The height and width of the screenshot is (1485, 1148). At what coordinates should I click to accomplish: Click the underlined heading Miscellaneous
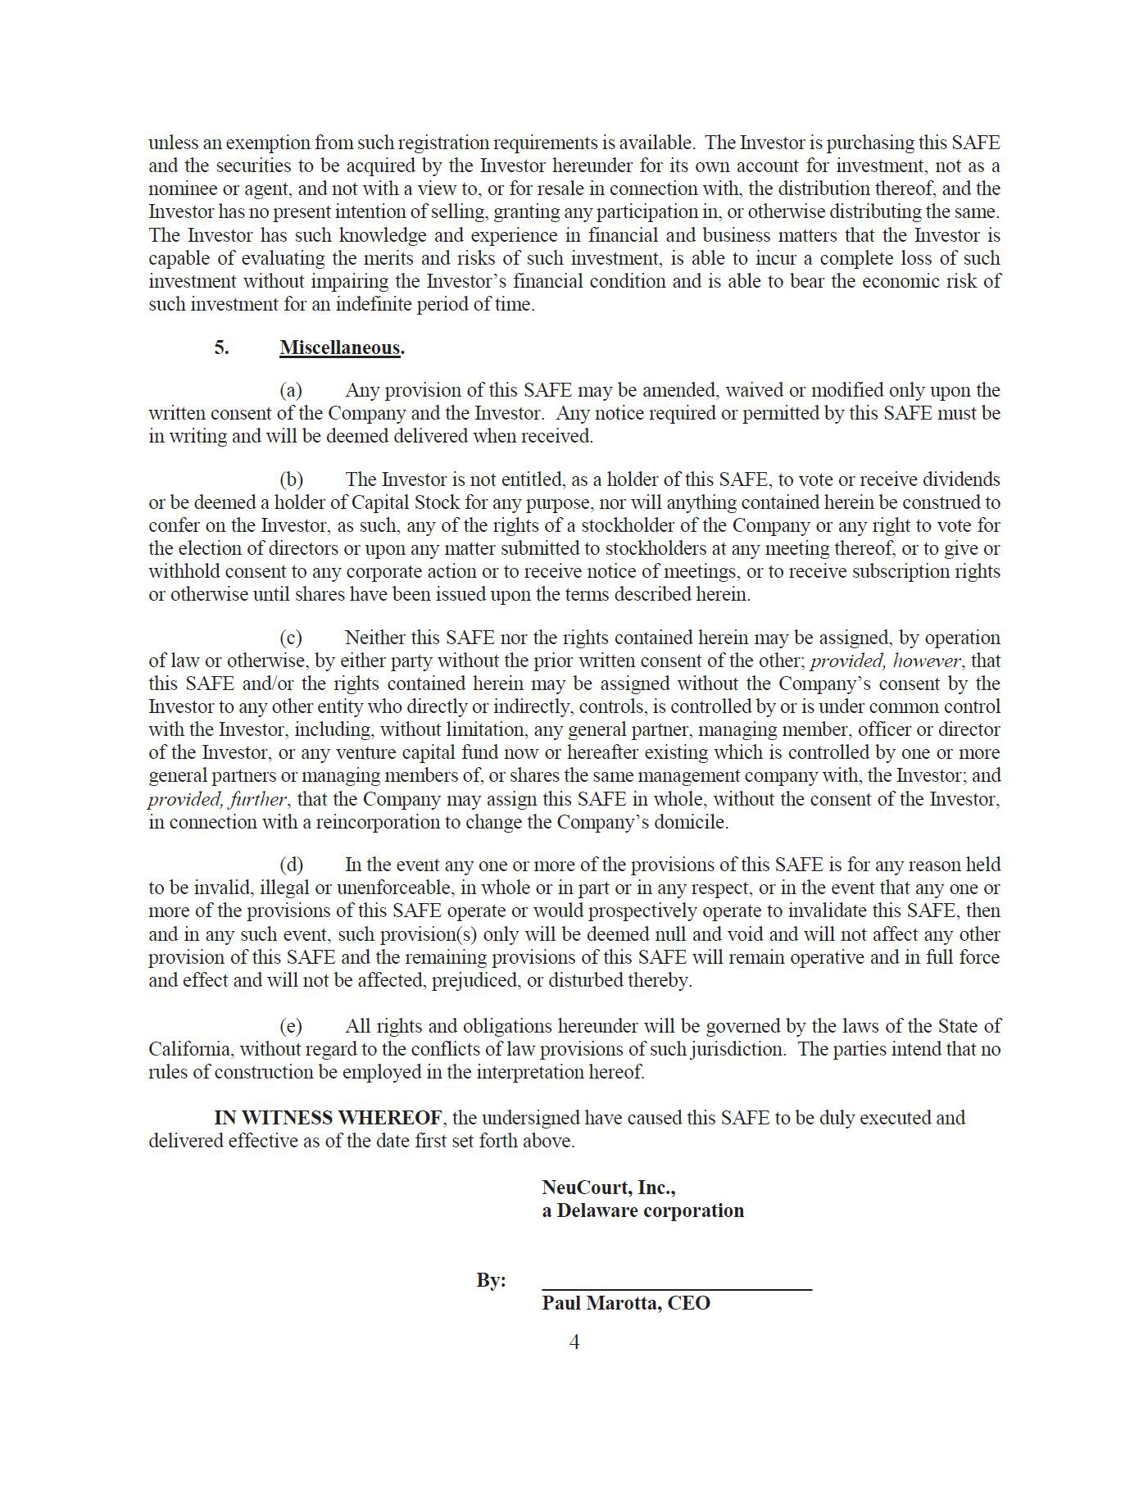click(x=340, y=347)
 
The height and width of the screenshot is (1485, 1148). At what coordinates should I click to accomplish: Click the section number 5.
click(x=221, y=347)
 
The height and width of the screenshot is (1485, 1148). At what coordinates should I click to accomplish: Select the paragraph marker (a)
click(x=291, y=390)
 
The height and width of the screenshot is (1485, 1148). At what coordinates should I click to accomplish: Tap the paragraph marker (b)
click(x=291, y=479)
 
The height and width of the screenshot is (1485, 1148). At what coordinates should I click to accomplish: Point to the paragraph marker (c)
click(x=291, y=638)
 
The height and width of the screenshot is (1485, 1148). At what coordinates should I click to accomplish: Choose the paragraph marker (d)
click(x=291, y=865)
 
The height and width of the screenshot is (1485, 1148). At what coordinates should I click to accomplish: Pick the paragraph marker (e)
click(x=291, y=1026)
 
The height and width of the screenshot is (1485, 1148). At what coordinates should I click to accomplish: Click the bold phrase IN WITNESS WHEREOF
click(x=329, y=1118)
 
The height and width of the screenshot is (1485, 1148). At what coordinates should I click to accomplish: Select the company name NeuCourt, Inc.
click(x=608, y=1188)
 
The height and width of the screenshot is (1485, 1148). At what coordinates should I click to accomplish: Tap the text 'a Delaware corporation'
click(x=642, y=1210)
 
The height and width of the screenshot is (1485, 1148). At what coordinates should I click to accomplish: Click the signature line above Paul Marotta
click(x=677, y=1288)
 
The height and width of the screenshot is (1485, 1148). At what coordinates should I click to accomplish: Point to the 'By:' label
click(x=491, y=1280)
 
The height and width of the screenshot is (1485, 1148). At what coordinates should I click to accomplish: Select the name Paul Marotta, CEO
click(x=626, y=1303)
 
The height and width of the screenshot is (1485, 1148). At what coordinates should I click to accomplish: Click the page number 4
click(x=574, y=1342)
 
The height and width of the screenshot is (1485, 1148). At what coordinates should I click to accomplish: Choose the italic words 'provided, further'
click(x=217, y=799)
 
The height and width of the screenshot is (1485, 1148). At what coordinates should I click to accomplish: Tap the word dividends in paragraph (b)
click(x=960, y=479)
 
